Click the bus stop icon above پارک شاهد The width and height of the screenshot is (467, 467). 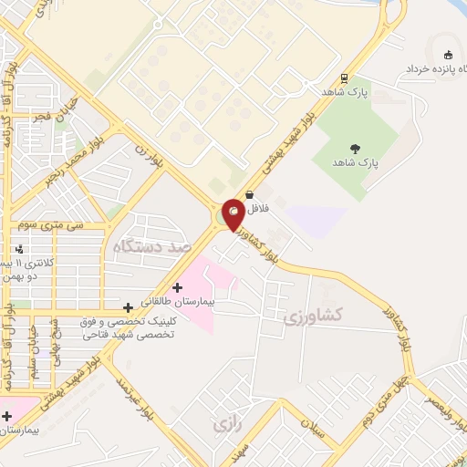pyautogui.click(x=344, y=78)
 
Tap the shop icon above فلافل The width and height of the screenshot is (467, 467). pyautogui.click(x=249, y=193)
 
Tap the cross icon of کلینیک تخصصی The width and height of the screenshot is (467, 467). pyautogui.click(x=129, y=306)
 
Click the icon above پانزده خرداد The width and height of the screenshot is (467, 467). pyautogui.click(x=445, y=51)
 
